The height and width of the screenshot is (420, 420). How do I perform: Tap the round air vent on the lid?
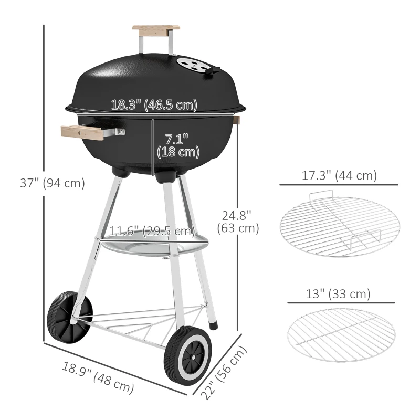pos(196,65)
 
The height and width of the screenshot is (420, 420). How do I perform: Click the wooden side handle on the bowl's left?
pos(82,132)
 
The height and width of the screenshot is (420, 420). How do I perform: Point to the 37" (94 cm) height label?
pos(52,183)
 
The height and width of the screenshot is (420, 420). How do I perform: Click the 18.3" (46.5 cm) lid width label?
pos(154,104)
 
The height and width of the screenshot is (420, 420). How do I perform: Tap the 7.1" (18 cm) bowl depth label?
pos(178,146)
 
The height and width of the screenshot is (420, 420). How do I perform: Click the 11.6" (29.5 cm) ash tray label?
pos(152,231)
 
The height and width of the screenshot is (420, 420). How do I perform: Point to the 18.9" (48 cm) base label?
pos(98,377)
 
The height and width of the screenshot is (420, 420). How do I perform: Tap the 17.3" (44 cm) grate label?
pos(339,176)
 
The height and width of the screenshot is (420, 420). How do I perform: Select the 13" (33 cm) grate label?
pos(338,294)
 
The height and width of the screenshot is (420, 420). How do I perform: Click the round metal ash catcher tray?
pos(152,247)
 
